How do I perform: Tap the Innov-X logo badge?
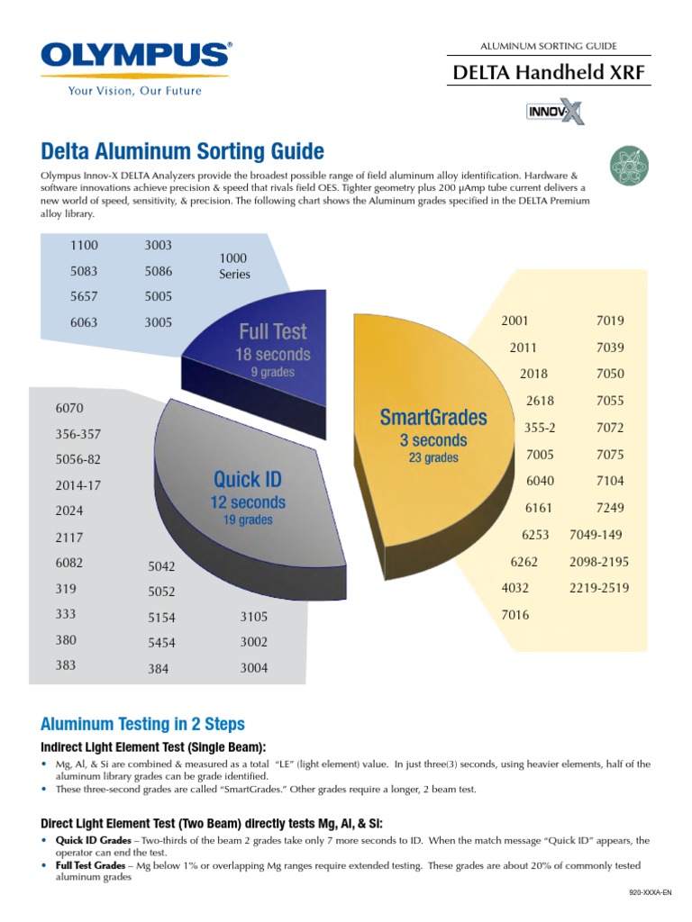(554, 112)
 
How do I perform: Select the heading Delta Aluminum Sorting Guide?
(183, 150)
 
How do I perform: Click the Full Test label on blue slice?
(272, 331)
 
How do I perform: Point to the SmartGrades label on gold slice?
(433, 417)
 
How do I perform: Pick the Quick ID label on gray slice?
(248, 479)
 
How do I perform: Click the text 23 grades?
(433, 457)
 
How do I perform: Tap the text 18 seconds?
(272, 355)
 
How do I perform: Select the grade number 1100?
(84, 245)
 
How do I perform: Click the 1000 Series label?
(234, 266)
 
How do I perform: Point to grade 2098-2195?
(599, 562)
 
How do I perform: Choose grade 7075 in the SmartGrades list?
(610, 455)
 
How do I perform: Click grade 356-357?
(78, 434)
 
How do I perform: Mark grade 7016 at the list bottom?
(514, 615)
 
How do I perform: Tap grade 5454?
(162, 643)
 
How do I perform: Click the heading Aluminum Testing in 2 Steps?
(142, 724)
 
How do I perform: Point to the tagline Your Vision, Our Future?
(135, 91)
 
